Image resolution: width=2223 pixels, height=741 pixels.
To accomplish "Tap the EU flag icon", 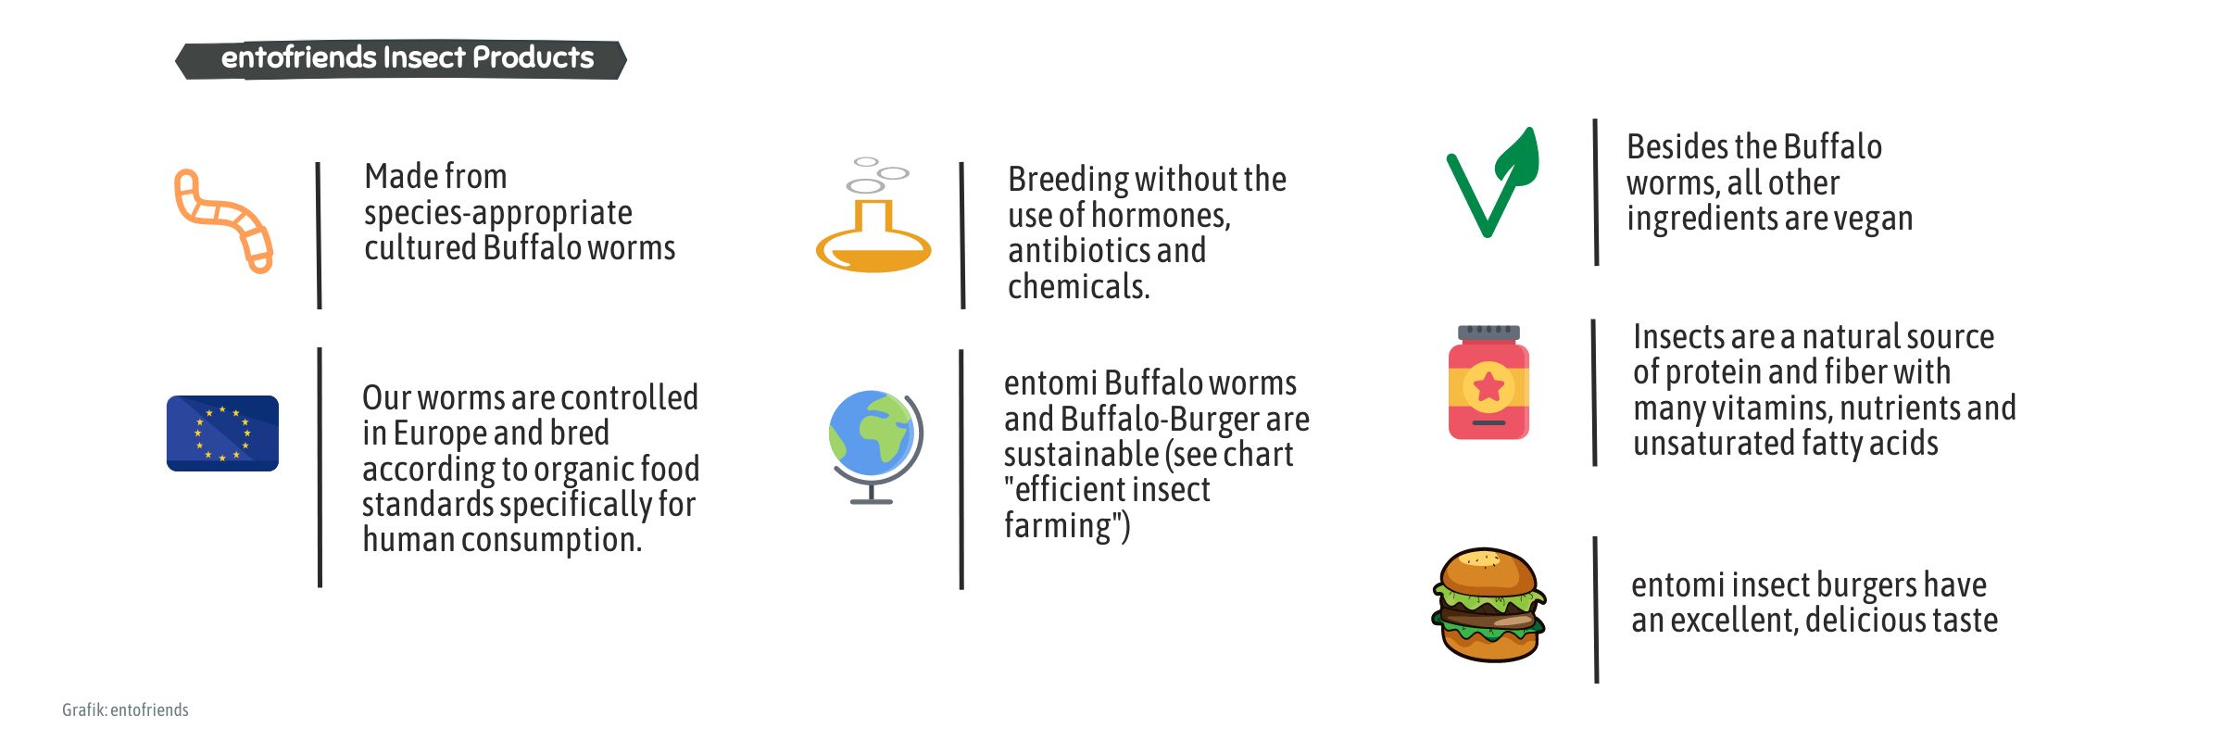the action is [222, 433].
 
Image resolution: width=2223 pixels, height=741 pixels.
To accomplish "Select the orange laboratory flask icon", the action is [873, 243].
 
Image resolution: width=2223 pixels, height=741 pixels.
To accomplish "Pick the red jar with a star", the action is [1488, 382].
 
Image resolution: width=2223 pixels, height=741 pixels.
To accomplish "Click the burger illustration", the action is [1488, 604].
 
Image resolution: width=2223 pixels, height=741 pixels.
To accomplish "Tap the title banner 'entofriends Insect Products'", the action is [401, 59].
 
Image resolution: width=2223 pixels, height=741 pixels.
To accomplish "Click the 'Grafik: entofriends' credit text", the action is [125, 710].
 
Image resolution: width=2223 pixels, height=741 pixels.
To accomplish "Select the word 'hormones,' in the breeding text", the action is [1162, 215].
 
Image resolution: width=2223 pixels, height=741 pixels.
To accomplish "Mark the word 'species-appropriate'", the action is [498, 213].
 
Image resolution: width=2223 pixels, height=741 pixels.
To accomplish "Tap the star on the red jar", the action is [1488, 387].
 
